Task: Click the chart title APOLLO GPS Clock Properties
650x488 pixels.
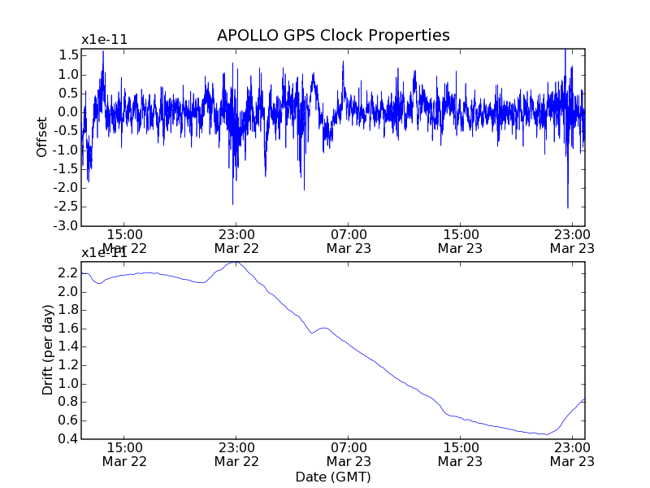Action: click(333, 36)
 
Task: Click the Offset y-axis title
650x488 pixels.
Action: click(42, 137)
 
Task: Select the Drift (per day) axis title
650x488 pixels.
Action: click(48, 350)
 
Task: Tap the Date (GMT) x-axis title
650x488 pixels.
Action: click(333, 477)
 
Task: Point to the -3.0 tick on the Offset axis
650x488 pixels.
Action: click(66, 225)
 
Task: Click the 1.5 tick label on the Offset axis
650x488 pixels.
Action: click(68, 55)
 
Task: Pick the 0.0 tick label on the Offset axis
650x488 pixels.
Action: click(68, 112)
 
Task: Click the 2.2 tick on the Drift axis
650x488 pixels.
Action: click(68, 273)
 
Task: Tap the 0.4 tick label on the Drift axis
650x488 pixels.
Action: click(68, 439)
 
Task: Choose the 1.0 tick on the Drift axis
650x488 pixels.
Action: click(68, 384)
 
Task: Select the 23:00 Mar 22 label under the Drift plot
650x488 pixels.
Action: click(236, 455)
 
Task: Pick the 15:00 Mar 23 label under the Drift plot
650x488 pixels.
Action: click(460, 455)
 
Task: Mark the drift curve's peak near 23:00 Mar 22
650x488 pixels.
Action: click(236, 262)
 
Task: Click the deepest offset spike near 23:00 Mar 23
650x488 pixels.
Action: click(568, 207)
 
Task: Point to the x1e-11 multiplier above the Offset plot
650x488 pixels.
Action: click(104, 40)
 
